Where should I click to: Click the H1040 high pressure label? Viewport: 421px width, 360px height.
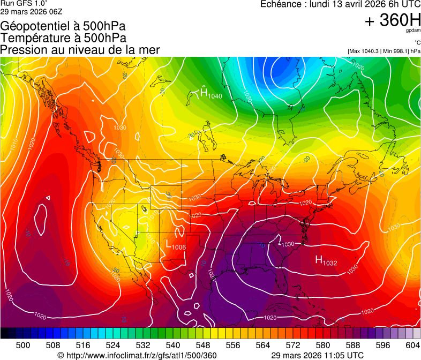point(210,94)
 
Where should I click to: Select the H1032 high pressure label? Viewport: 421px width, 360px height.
point(326,261)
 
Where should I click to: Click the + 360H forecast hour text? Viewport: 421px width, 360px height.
point(393,20)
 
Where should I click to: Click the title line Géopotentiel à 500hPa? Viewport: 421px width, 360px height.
point(63,26)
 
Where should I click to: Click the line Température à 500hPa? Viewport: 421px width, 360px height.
point(63,37)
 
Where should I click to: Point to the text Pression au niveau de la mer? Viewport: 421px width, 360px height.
point(80,50)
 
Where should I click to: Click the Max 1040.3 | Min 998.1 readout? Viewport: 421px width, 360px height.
point(384,51)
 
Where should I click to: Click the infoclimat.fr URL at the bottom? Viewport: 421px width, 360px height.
point(137,355)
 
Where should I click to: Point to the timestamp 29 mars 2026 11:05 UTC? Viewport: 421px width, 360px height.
point(317,355)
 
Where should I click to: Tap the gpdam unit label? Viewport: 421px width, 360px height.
point(413,31)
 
